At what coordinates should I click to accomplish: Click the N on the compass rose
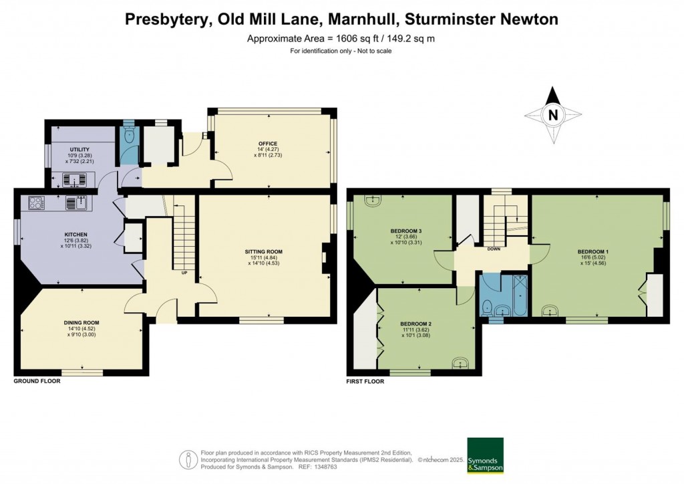pyautogui.click(x=552, y=115)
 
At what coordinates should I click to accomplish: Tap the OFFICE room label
pyautogui.click(x=269, y=144)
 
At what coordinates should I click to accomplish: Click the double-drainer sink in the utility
pyautogui.click(x=75, y=178)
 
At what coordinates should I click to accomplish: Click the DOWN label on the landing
pyautogui.click(x=494, y=249)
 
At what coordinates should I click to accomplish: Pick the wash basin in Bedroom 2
pyautogui.click(x=460, y=363)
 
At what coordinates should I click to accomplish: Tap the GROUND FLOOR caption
pyautogui.click(x=37, y=381)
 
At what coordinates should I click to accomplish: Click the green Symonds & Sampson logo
pyautogui.click(x=485, y=456)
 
